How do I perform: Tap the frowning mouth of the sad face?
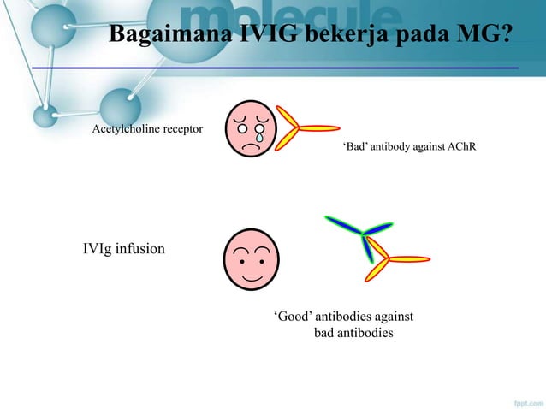252,146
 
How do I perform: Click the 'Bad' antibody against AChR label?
409,148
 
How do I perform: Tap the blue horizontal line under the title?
274,67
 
